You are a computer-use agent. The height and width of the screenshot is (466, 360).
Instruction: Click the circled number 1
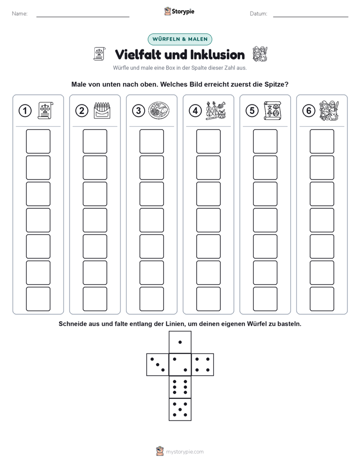25,111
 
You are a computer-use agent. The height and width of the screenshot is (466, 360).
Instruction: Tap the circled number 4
195,111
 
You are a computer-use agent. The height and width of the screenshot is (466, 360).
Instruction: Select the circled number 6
309,111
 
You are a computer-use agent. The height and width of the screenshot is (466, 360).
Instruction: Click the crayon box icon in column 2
102,110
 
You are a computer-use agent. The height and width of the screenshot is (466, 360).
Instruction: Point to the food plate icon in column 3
159,110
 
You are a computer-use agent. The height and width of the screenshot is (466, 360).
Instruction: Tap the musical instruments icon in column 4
216,110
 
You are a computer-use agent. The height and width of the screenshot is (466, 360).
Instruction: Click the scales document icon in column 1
45,110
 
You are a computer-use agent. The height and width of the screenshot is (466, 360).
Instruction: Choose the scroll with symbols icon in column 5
272,110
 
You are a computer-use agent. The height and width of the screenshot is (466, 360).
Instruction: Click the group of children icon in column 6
329,110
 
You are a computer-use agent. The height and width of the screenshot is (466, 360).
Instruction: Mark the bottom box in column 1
38,299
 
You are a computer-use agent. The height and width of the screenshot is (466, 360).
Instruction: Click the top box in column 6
322,141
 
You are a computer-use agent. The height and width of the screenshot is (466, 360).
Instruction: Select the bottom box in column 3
151,299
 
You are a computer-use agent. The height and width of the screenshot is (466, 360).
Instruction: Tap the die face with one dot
180,342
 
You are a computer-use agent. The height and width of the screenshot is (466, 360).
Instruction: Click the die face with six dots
180,387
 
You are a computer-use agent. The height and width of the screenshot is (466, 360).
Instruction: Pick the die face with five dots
180,410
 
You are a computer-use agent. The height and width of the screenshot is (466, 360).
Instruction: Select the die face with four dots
203,365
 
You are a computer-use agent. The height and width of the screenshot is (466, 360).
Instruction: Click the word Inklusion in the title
217,54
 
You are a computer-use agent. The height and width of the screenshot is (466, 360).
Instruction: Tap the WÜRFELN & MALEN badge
180,39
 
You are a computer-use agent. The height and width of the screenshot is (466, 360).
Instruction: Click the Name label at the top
20,14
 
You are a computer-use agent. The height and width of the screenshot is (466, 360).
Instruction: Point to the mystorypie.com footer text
185,452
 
